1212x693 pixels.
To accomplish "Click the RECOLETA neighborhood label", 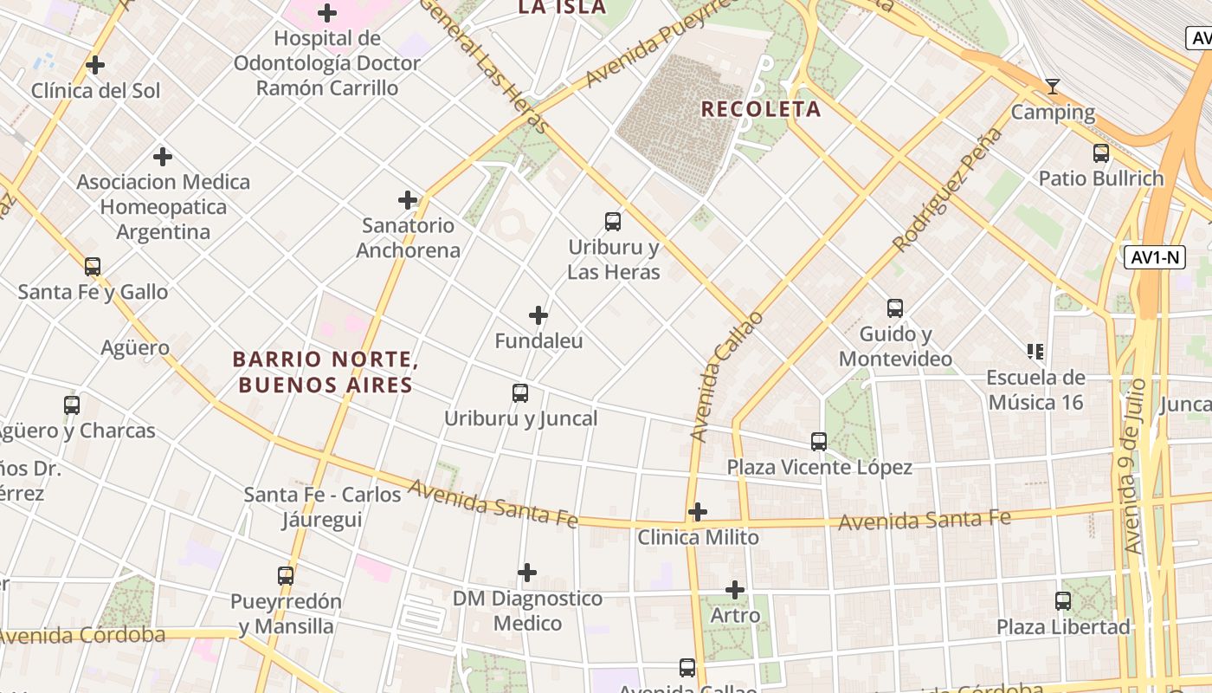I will click(x=760, y=109).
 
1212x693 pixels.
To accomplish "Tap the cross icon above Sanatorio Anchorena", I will click(x=408, y=200).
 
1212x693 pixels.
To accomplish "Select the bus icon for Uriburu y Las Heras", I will click(x=613, y=222).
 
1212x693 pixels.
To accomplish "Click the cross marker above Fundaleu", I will click(x=538, y=315).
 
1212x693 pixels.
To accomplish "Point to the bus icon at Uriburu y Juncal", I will click(x=520, y=393).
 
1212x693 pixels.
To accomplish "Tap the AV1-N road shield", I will click(x=1155, y=257).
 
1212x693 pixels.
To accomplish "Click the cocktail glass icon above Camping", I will click(x=1053, y=86).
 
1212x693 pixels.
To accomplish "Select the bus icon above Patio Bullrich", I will click(x=1101, y=153).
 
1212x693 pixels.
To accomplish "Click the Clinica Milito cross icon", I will click(x=698, y=512).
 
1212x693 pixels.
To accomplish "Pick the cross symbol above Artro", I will click(x=735, y=590).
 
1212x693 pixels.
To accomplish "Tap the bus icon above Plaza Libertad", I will click(x=1063, y=600).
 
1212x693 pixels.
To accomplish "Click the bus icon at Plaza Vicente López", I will click(x=819, y=442).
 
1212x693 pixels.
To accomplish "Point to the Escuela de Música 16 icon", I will click(x=1035, y=351).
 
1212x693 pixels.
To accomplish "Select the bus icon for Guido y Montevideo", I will click(x=895, y=308).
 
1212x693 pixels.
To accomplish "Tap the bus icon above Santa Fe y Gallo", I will click(x=93, y=266).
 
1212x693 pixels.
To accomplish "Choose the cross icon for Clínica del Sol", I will click(x=95, y=65).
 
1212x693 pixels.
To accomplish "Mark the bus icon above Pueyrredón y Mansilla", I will click(x=286, y=575).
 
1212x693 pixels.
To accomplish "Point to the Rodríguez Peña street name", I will click(x=948, y=190).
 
